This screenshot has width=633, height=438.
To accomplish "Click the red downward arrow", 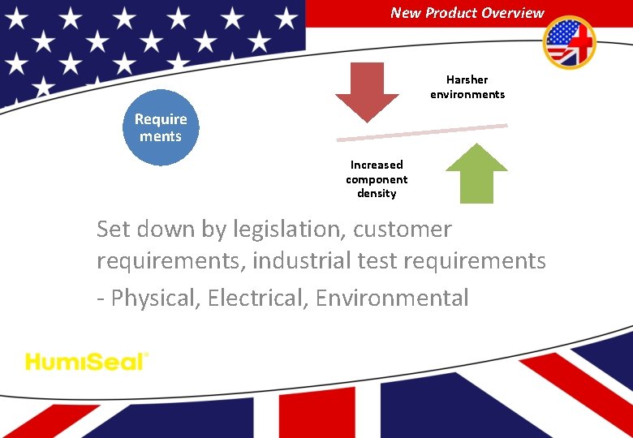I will (x=367, y=88).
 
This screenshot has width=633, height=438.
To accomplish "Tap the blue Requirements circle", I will (x=161, y=127).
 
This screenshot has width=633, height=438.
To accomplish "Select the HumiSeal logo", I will (x=87, y=361).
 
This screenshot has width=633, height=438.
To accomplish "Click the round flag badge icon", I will (x=569, y=42).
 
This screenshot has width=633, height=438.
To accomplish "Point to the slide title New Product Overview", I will (x=467, y=12).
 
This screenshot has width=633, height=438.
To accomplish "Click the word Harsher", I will (x=467, y=79).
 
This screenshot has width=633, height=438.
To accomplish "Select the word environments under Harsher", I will (x=467, y=94).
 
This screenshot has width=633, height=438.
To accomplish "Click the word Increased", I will (x=377, y=165).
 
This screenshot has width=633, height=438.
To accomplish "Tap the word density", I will (x=377, y=193).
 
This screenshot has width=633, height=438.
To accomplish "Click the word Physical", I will (x=155, y=298).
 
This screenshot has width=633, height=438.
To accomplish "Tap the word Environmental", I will (x=392, y=298).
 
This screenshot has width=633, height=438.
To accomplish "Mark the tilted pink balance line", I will (x=422, y=133).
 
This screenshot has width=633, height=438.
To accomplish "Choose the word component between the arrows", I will (x=377, y=179).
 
